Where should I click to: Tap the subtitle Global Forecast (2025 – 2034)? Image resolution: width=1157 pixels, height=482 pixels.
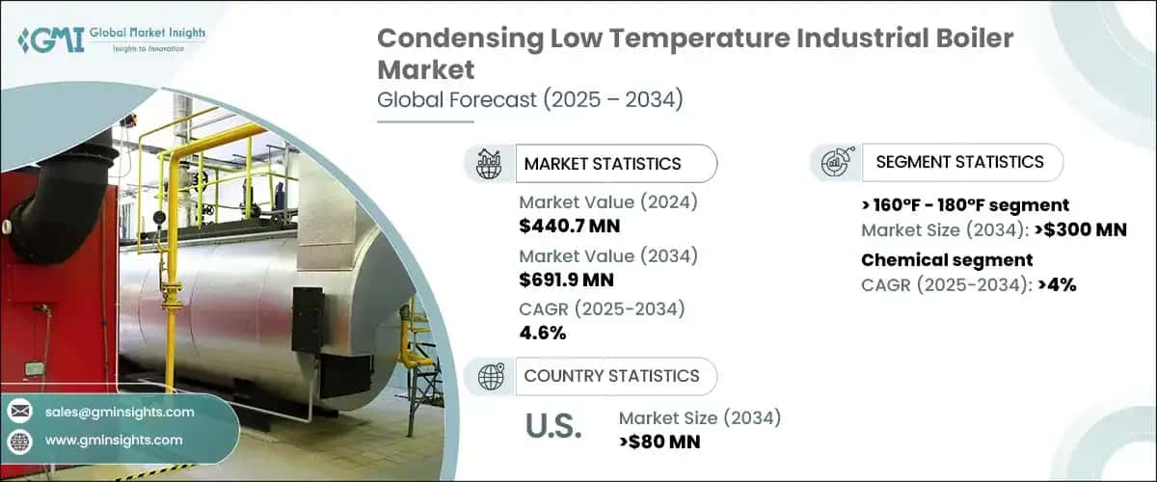click(529, 99)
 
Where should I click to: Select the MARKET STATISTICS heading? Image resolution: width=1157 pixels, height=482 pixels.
click(602, 164)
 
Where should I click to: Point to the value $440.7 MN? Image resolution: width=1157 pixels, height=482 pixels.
click(569, 227)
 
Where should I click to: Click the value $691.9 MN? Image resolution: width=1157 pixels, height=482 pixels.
click(569, 281)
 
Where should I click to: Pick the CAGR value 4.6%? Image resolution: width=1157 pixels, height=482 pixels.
click(543, 334)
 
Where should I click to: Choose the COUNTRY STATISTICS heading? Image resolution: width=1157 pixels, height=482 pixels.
click(611, 376)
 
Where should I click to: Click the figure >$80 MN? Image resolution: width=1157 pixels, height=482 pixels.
click(659, 442)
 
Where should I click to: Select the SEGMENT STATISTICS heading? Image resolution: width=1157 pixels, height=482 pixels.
click(959, 162)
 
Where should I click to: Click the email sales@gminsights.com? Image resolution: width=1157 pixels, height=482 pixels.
click(120, 412)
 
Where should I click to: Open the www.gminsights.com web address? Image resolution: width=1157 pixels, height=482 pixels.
click(114, 440)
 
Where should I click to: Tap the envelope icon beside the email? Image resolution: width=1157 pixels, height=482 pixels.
click(20, 412)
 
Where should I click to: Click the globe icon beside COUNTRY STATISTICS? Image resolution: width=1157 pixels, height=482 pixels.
click(490, 376)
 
